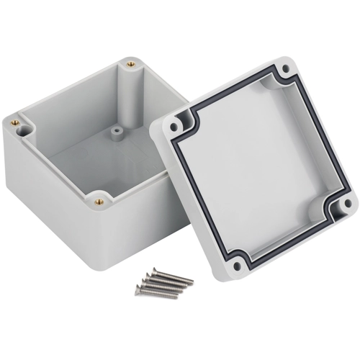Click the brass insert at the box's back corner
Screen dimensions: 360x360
[x=132, y=65]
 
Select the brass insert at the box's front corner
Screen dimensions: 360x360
[x=99, y=202]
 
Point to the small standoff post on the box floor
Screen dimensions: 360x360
[x=115, y=133]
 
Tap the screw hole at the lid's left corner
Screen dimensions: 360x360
[x=174, y=126]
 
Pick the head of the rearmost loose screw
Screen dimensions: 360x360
[x=153, y=271]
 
